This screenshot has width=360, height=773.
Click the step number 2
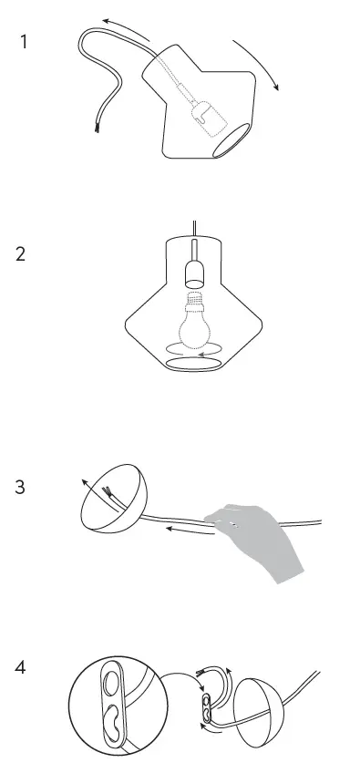pyautogui.click(x=21, y=254)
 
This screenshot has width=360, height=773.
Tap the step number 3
pyautogui.click(x=21, y=487)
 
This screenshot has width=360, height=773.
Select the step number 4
pyautogui.click(x=21, y=668)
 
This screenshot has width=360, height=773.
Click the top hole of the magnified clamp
pyautogui.click(x=112, y=682)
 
